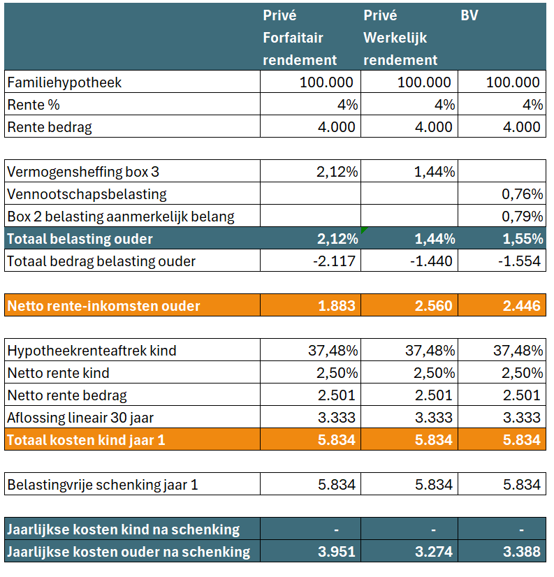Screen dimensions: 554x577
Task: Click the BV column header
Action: [469, 15]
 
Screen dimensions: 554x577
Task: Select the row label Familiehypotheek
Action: [64, 82]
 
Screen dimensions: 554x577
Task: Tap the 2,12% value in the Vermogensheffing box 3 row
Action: [337, 172]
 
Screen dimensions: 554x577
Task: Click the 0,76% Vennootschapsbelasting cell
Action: [522, 194]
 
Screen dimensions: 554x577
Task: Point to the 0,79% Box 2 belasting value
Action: [522, 217]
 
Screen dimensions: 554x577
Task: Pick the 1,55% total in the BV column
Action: [523, 239]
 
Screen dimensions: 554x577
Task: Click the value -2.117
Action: [334, 261]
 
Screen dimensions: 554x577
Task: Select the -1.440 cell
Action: [431, 261]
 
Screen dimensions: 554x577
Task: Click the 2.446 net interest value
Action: [522, 306]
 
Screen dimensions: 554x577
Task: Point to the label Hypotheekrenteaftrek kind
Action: [92, 351]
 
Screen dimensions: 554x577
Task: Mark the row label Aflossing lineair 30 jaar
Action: [80, 418]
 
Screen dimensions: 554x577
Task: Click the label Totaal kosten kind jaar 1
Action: [86, 440]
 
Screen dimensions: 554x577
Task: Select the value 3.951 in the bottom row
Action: [337, 552]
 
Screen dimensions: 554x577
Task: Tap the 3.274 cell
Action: [433, 552]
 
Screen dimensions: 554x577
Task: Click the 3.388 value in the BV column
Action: [522, 552]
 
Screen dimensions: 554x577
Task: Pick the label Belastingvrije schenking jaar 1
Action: [103, 485]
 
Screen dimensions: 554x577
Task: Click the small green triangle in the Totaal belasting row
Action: [363, 230]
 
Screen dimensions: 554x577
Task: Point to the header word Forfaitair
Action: [293, 38]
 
